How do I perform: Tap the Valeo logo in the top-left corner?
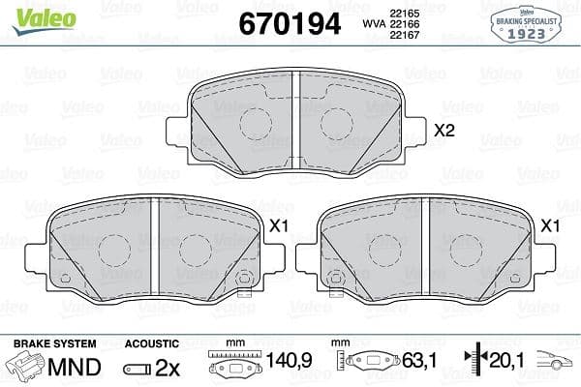(31, 12)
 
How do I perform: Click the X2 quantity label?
(444, 131)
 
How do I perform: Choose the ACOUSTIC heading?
(151, 343)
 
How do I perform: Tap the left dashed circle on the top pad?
(255, 123)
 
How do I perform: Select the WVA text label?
(372, 24)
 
